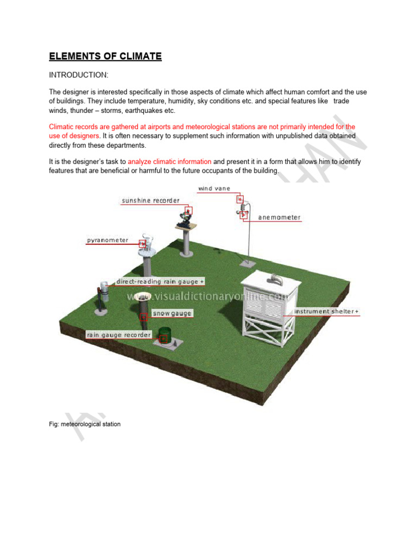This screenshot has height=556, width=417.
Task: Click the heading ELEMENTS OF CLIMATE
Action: click(x=105, y=56)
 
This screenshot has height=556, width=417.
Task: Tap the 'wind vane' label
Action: click(x=214, y=188)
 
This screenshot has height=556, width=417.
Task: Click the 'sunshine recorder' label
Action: click(x=150, y=200)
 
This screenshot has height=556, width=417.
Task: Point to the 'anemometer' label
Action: click(x=279, y=217)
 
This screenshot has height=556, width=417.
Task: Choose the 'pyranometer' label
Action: click(x=108, y=240)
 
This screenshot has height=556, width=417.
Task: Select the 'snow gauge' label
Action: click(x=172, y=313)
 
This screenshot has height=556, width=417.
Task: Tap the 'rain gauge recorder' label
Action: click(x=118, y=335)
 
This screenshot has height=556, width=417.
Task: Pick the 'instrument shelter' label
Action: click(x=326, y=312)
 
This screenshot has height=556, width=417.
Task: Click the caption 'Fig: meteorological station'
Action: click(x=84, y=424)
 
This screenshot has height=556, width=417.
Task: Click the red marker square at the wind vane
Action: click(x=239, y=199)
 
